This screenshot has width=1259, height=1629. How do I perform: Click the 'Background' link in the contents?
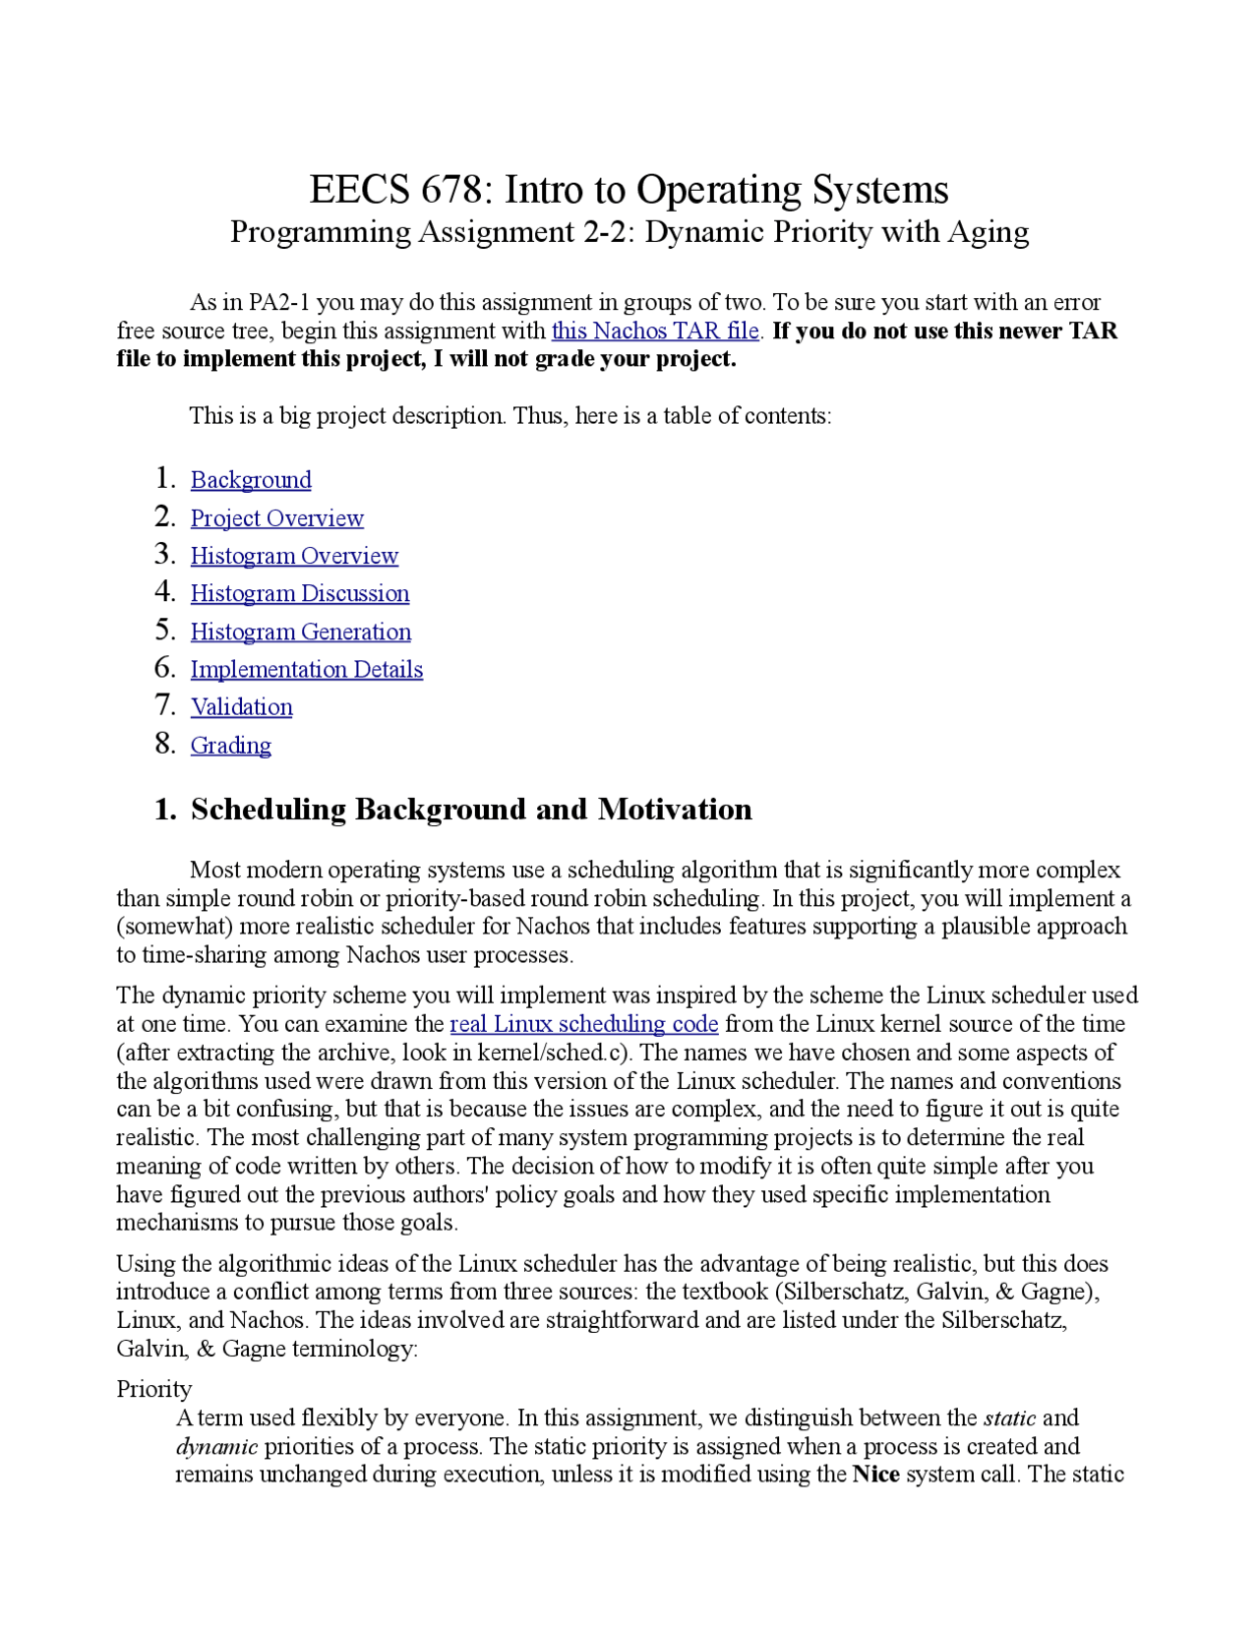251,480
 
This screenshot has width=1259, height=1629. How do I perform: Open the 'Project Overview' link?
276,518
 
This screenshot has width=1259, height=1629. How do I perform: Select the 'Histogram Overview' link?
294,556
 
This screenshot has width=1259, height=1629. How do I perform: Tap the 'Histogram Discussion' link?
300,594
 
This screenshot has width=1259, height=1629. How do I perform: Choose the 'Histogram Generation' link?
301,632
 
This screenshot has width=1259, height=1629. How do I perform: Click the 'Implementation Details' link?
307,670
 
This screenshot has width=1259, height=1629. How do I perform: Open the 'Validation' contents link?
242,707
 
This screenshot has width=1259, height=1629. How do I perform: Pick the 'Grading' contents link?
231,746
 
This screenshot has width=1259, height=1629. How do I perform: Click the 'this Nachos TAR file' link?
655,331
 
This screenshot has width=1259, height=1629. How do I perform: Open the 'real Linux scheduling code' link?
584,1024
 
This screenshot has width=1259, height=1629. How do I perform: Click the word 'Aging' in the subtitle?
988,232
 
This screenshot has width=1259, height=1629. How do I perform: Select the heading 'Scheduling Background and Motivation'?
471,810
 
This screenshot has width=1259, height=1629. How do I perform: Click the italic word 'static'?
1009,1418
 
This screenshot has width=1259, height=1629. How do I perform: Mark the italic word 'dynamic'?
216,1446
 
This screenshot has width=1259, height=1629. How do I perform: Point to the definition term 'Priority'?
154,1389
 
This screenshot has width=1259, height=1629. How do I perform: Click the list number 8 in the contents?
164,745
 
